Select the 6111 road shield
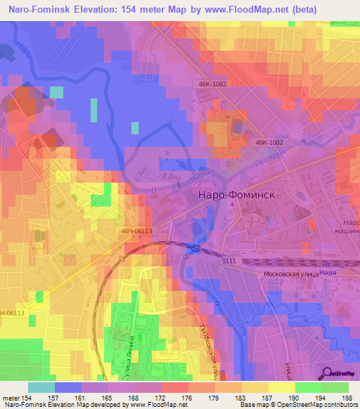pyautogui.click(x=229, y=261)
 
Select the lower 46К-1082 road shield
pyautogui.click(x=269, y=141)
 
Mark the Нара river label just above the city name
pyautogui.click(x=200, y=174)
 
